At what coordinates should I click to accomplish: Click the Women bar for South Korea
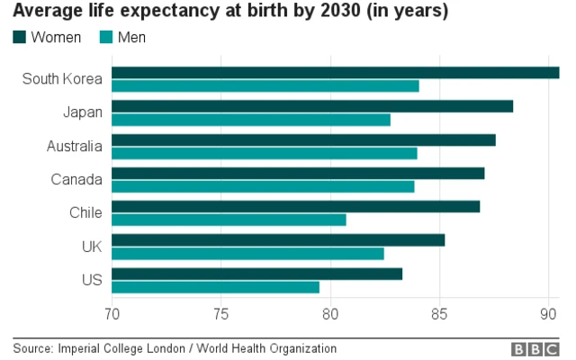tap(335, 73)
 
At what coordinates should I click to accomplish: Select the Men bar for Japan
tap(251, 120)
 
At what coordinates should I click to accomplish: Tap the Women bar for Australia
tap(303, 139)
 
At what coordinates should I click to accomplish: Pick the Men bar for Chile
tap(229, 220)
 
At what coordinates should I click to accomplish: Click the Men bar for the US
tap(215, 287)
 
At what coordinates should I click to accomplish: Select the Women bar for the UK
tap(278, 240)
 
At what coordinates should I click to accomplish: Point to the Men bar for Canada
tap(263, 186)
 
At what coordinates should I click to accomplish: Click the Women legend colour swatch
tap(19, 38)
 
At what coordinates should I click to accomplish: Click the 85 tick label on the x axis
tap(439, 313)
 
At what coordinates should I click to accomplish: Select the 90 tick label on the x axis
tap(548, 313)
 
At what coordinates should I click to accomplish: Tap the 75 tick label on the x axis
tap(220, 313)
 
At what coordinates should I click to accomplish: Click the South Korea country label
tap(62, 79)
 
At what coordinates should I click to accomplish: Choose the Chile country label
tap(85, 213)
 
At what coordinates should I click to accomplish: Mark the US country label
tap(92, 280)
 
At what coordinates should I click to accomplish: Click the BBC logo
tap(535, 348)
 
